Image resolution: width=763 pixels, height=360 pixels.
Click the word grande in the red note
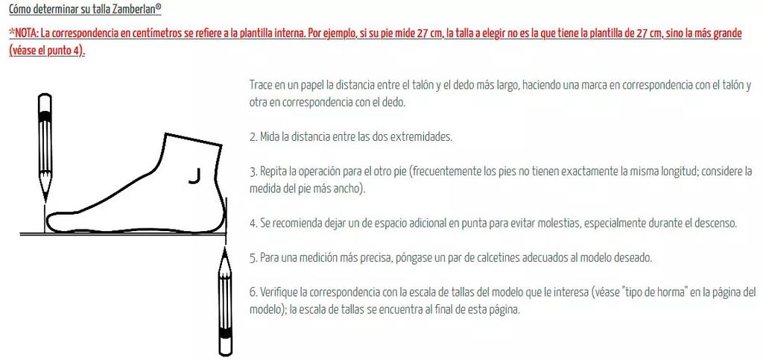point(726,34)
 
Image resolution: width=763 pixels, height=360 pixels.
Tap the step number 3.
point(253,171)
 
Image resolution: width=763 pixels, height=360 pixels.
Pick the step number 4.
point(253,224)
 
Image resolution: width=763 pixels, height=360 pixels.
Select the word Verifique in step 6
point(279,292)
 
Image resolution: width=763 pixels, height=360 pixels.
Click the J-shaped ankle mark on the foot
point(195,177)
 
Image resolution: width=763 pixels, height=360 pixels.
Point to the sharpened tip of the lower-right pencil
point(225,250)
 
